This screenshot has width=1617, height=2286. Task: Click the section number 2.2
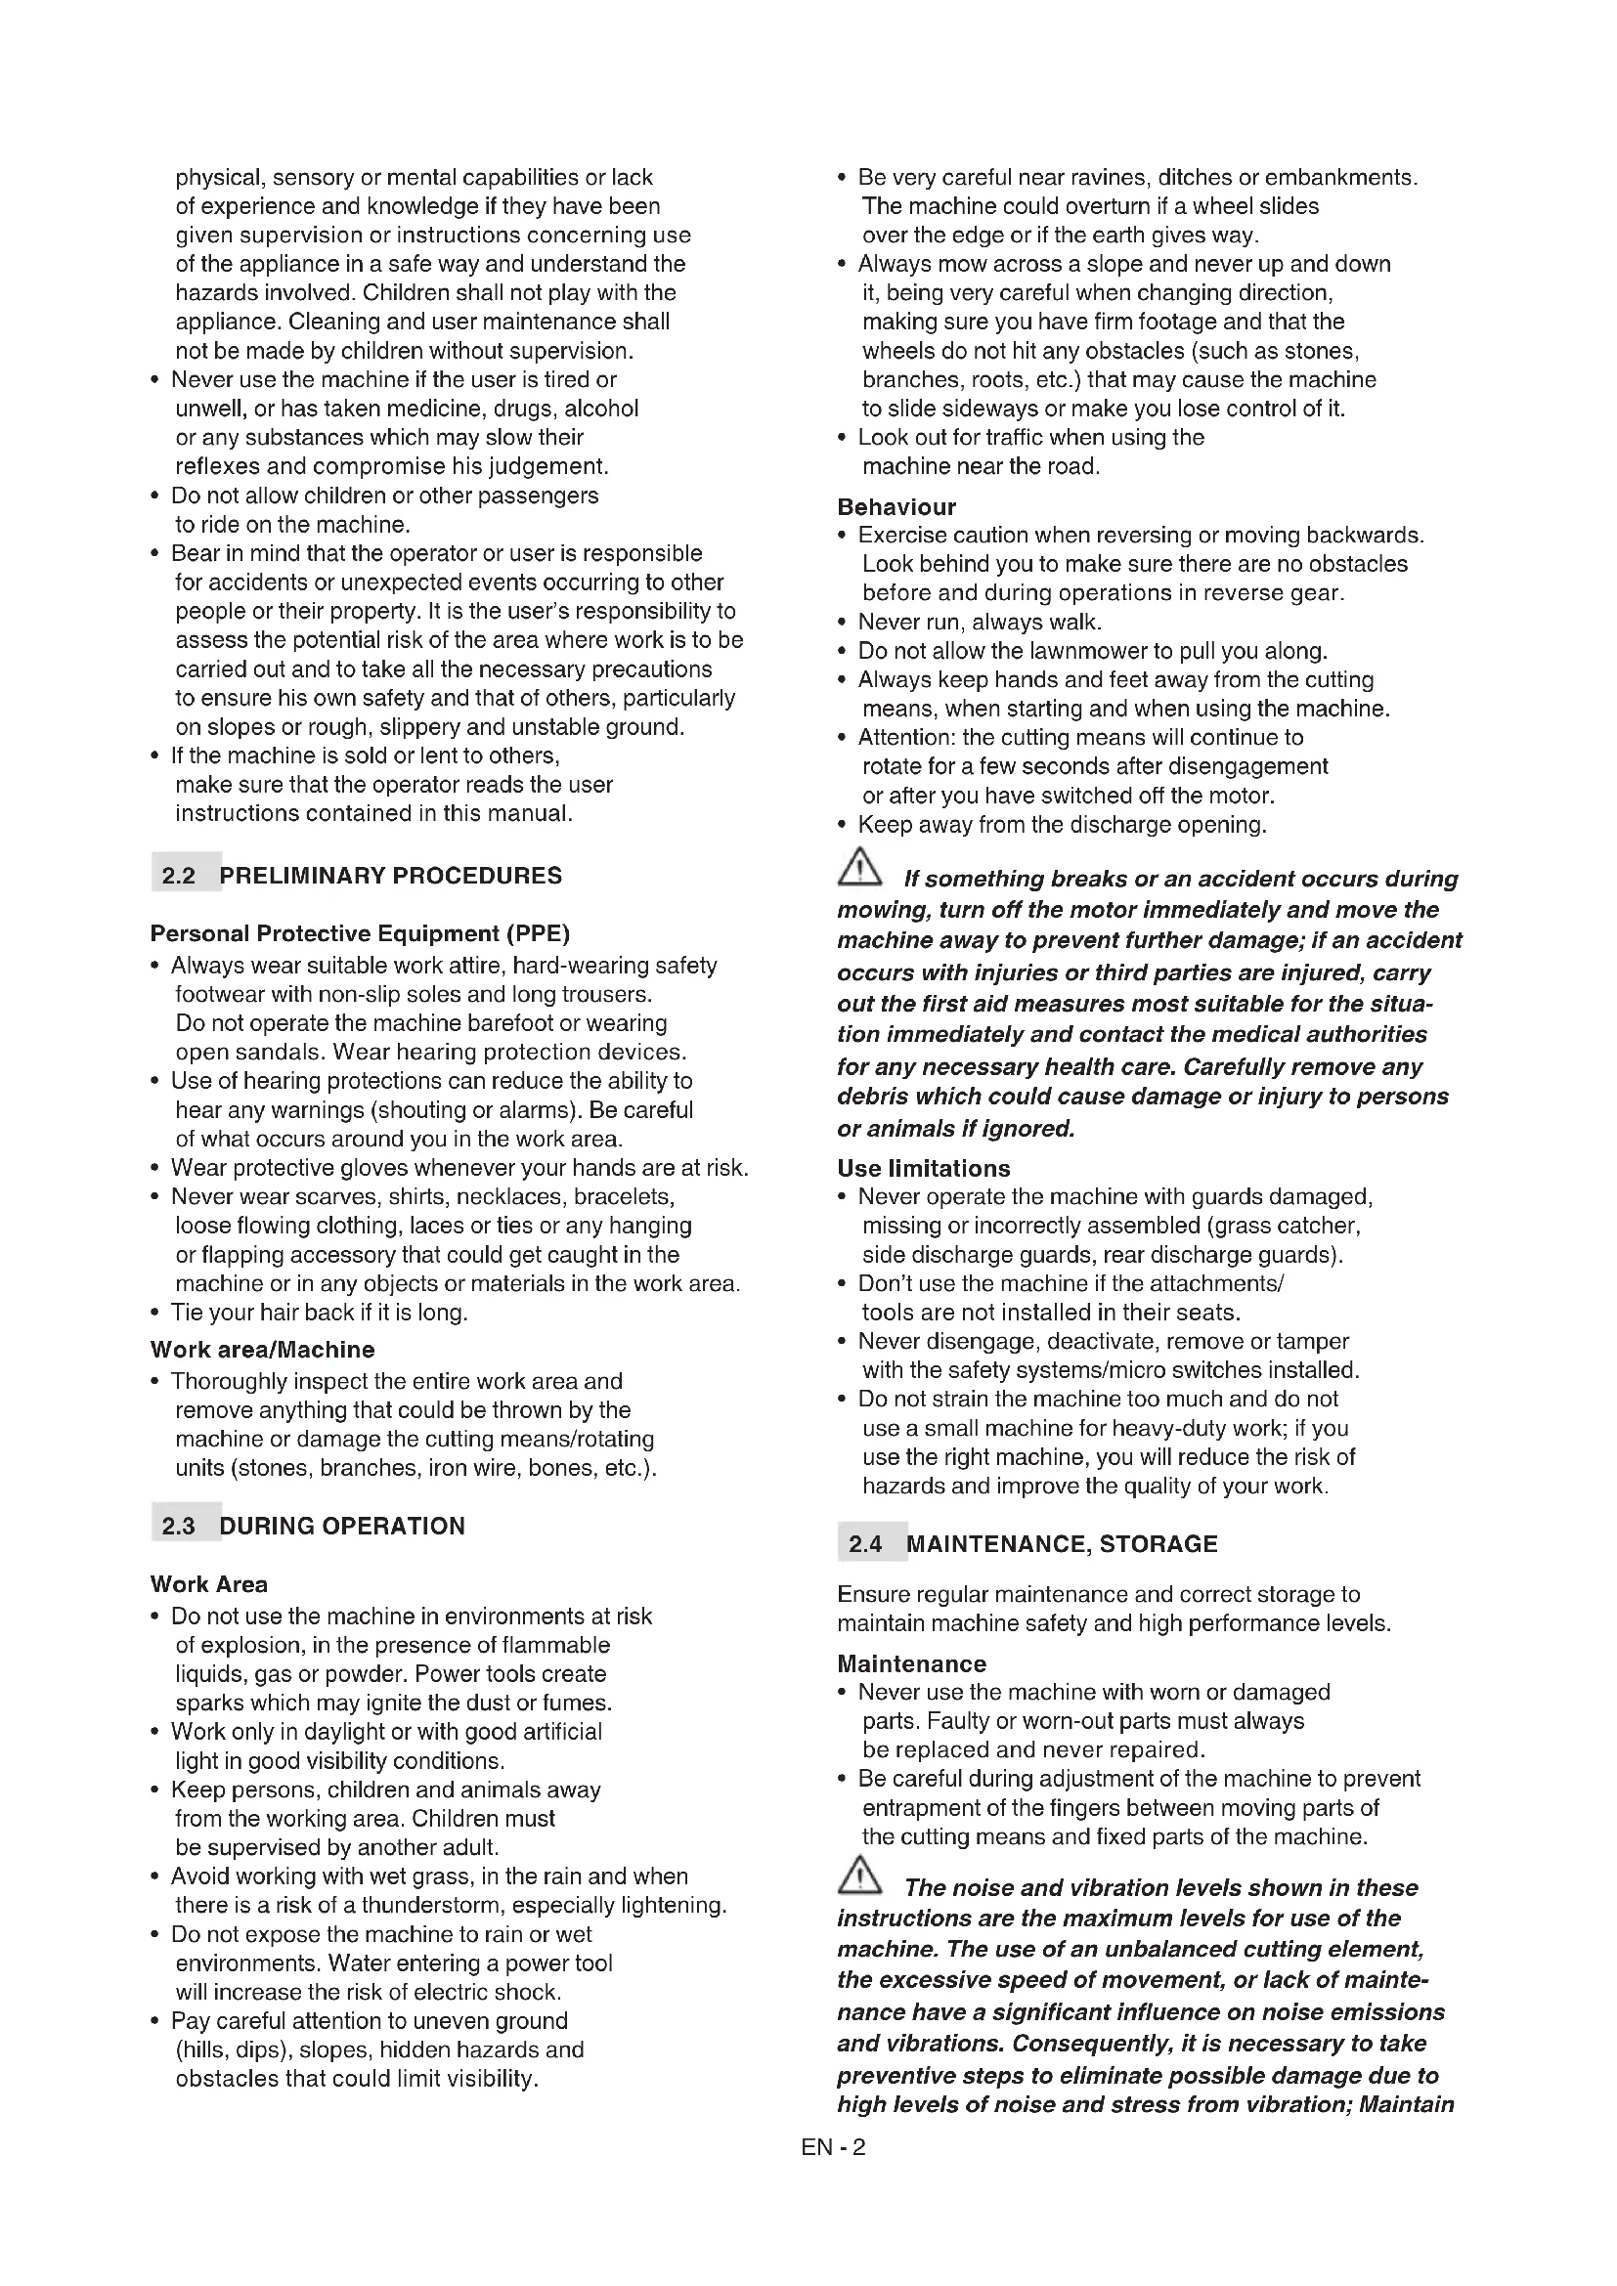click(x=178, y=876)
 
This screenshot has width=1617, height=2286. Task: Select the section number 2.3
click(x=178, y=1527)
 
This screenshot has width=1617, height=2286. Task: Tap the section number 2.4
click(x=865, y=1544)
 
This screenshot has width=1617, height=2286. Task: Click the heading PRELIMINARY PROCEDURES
click(x=390, y=876)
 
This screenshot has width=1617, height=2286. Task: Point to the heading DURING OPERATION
click(x=341, y=1527)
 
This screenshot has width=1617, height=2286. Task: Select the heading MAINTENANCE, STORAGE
click(x=1062, y=1544)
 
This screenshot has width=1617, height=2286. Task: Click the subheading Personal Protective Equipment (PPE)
click(x=360, y=934)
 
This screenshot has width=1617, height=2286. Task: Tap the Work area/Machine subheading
click(x=262, y=1350)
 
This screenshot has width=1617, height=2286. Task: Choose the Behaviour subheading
click(x=896, y=507)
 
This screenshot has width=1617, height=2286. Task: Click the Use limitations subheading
click(x=923, y=1169)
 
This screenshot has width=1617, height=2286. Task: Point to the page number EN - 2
click(x=833, y=2147)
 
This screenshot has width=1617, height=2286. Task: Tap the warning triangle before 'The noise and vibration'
click(x=859, y=1876)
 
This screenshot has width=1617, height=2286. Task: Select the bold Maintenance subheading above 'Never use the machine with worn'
click(x=911, y=1664)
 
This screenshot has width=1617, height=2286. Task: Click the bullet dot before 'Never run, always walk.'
click(x=844, y=624)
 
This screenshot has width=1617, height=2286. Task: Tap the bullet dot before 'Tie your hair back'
click(x=155, y=1314)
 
